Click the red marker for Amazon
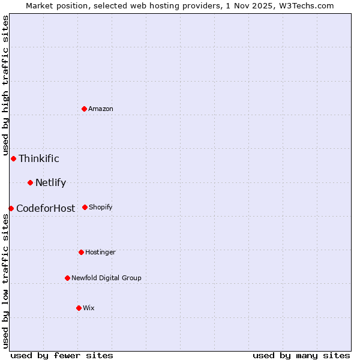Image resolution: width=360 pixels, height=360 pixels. pyautogui.click(x=85, y=109)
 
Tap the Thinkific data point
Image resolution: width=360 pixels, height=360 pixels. pyautogui.click(x=13, y=158)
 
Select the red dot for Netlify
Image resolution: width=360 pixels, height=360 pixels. pyautogui.click(x=30, y=182)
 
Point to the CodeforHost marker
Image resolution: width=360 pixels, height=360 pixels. pyautogui.click(x=11, y=208)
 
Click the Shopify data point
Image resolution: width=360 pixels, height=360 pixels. pyautogui.click(x=85, y=207)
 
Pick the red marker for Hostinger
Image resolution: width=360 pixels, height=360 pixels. pyautogui.click(x=81, y=252)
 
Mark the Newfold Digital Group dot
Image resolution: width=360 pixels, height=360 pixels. pyautogui.click(x=67, y=278)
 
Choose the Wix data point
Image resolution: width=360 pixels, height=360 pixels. pyautogui.click(x=79, y=308)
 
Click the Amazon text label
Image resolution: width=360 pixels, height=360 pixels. pyautogui.click(x=101, y=109)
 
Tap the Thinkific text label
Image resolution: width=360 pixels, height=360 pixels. pyautogui.click(x=39, y=158)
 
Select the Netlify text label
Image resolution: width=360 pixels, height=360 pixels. pyautogui.click(x=50, y=182)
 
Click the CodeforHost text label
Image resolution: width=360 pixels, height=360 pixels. pyautogui.click(x=46, y=208)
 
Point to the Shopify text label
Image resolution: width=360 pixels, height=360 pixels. pyautogui.click(x=101, y=207)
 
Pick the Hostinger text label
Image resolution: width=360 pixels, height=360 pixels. pyautogui.click(x=100, y=252)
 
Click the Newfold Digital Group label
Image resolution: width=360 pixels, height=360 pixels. pyautogui.click(x=106, y=278)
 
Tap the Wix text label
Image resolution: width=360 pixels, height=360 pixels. pyautogui.click(x=89, y=308)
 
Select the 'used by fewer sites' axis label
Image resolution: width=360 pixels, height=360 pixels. pyautogui.click(x=62, y=355)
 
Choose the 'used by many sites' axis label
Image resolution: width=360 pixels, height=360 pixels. pyautogui.click(x=301, y=355)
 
